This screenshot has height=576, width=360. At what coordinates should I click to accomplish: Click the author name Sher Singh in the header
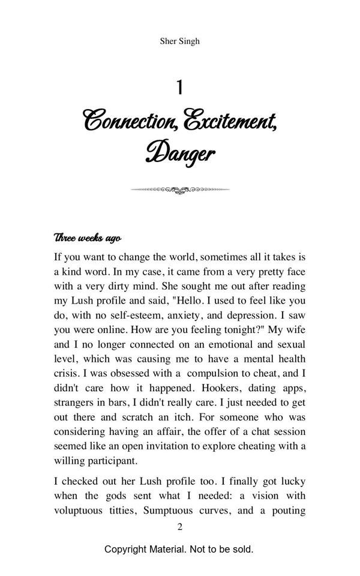pyautogui.click(x=179, y=41)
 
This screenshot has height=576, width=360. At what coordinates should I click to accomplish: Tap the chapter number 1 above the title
pyautogui.click(x=179, y=88)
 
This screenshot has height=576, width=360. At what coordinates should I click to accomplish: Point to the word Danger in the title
pyautogui.click(x=179, y=153)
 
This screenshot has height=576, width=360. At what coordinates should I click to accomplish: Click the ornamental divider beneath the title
pyautogui.click(x=179, y=190)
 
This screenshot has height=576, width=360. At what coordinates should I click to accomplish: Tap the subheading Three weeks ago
pyautogui.click(x=88, y=238)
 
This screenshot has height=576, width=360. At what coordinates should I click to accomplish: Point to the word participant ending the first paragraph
pyautogui.click(x=110, y=461)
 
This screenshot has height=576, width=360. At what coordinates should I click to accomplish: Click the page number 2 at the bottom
pyautogui.click(x=179, y=527)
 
